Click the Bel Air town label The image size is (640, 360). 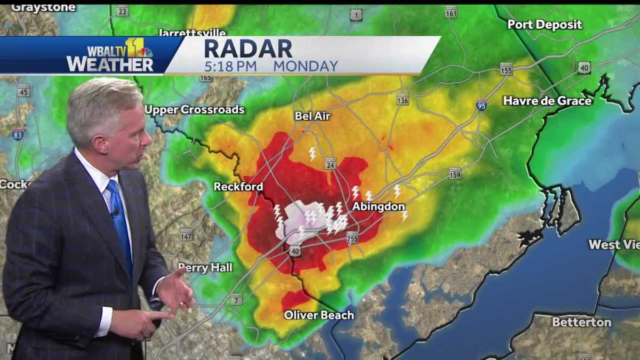click(313, 116)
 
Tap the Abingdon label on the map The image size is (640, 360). click(378, 206)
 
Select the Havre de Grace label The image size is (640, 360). click(547, 100)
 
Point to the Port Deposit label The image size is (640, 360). click(545, 25)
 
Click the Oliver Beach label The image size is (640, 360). click(318, 315)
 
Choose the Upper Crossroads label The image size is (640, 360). click(194, 109)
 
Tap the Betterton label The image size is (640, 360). click(581, 322)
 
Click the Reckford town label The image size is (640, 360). click(238, 187)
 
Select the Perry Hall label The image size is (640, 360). click(205, 267)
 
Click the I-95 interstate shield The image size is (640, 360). click(482, 105)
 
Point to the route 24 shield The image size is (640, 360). click(330, 163)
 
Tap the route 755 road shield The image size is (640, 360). click(352, 237)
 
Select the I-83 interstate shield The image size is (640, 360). click(18, 134)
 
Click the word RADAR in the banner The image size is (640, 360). click(248, 49)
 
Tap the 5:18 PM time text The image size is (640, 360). click(230, 66)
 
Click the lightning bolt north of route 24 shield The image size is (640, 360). click(313, 154)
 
